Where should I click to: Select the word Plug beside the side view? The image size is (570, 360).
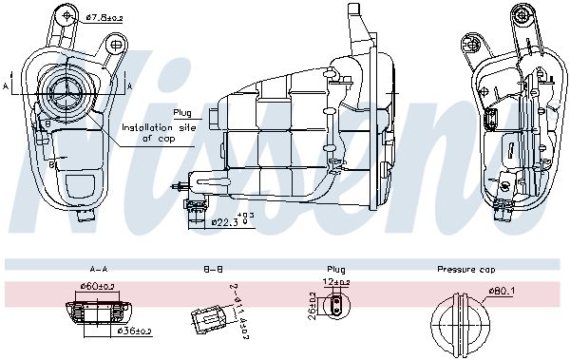point(181,112)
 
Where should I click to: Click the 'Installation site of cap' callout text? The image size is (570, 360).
point(151,131)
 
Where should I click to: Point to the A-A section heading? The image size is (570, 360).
point(96,270)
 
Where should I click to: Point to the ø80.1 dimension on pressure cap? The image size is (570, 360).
point(503,292)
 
